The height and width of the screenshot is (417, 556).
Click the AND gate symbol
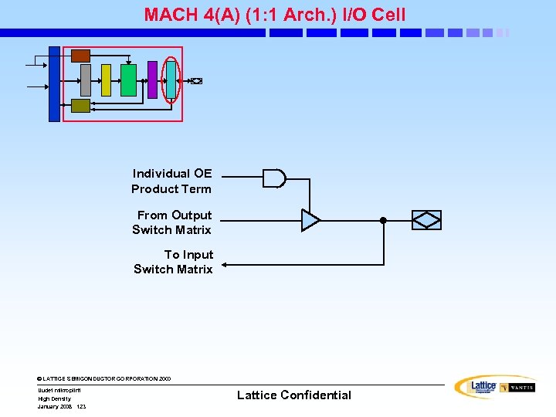coord(273,178)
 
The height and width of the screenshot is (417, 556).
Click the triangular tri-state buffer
coord(310,220)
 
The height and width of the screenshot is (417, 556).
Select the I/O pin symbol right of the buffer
coord(427,220)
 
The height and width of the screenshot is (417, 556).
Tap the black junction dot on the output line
coord(383,220)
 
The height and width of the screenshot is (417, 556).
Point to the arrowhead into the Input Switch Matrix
coord(225,265)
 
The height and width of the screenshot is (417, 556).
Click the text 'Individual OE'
coord(171,174)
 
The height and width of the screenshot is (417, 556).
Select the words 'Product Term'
coord(171,189)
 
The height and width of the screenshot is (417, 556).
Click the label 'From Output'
coord(174,215)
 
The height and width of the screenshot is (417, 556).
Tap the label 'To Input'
coord(188,255)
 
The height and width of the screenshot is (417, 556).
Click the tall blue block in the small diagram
coord(54,84)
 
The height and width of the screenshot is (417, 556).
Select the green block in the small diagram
coord(128,80)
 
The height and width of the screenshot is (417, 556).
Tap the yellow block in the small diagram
coord(106,80)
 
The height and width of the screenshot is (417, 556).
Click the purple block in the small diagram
coord(152,80)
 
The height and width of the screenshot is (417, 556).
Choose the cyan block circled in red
coord(171,80)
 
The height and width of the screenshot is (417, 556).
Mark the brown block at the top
coord(80,56)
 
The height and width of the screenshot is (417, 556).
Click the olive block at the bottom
coord(80,106)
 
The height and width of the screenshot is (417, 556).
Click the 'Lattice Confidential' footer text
coord(293,395)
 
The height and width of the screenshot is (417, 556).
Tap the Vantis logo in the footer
coord(517,388)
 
